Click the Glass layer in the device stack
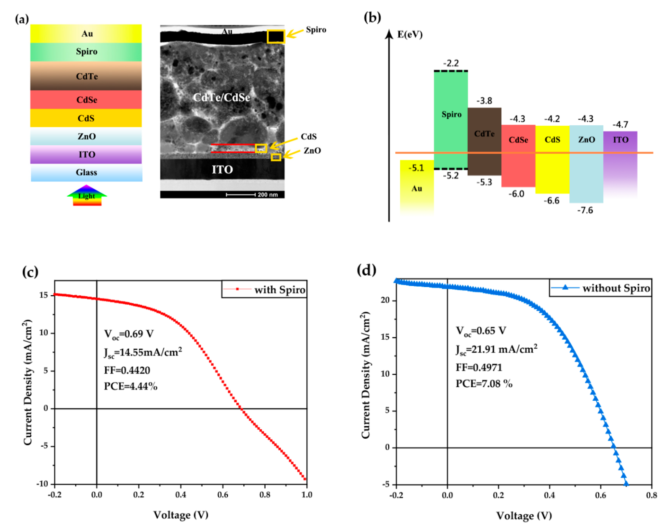click(x=86, y=173)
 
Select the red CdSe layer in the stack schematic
click(x=86, y=100)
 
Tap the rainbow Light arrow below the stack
click(x=87, y=196)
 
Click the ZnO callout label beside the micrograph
click(x=312, y=151)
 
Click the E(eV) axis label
click(x=410, y=34)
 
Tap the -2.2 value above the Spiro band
click(x=451, y=63)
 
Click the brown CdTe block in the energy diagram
click(x=484, y=141)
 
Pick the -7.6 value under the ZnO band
click(x=585, y=210)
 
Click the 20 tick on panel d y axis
click(x=385, y=300)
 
